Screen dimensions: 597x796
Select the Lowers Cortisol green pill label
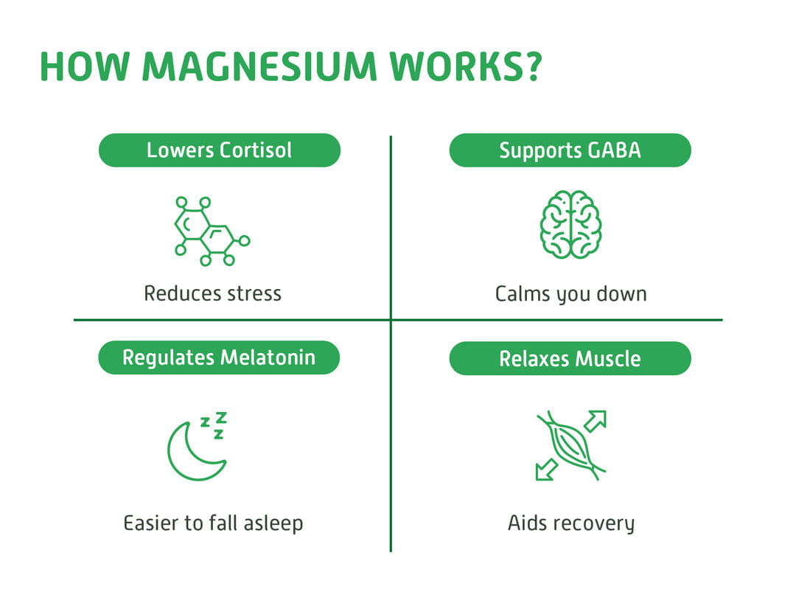[220, 150]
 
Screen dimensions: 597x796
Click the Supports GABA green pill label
[570, 150]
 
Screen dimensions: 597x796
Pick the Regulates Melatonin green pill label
[219, 357]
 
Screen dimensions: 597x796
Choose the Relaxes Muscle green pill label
[570, 358]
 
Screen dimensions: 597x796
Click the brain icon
[570, 225]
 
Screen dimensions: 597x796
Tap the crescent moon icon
[193, 451]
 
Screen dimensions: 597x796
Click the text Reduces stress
[212, 293]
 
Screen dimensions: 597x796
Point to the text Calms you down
[570, 294]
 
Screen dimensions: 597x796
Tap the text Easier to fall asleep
[213, 523]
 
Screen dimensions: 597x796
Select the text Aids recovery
[570, 523]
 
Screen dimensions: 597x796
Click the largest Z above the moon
[220, 418]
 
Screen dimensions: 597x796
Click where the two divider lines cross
[391, 320]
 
